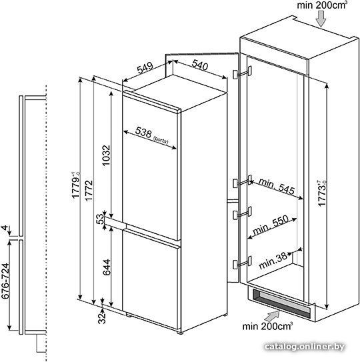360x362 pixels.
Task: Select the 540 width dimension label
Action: click(200, 65)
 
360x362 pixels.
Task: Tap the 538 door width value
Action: click(143, 133)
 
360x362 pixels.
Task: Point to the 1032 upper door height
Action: click(106, 155)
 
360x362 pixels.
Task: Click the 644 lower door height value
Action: click(107, 267)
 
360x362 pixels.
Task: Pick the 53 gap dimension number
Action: click(100, 219)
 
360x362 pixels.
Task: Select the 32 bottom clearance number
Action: click(102, 318)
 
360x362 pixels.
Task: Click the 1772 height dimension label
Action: click(89, 191)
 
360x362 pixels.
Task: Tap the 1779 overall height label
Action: click(76, 185)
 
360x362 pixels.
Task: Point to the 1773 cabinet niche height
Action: click(322, 193)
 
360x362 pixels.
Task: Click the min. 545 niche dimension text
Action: click(277, 187)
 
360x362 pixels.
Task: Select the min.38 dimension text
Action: click(273, 261)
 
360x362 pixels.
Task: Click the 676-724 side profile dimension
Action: click(6, 281)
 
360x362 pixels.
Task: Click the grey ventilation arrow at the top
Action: click(321, 19)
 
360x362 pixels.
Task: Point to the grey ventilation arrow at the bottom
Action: click(272, 316)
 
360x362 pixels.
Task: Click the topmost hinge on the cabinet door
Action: click(242, 72)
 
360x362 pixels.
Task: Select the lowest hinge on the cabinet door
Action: click(242, 263)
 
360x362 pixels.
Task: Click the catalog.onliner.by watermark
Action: click(305, 347)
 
